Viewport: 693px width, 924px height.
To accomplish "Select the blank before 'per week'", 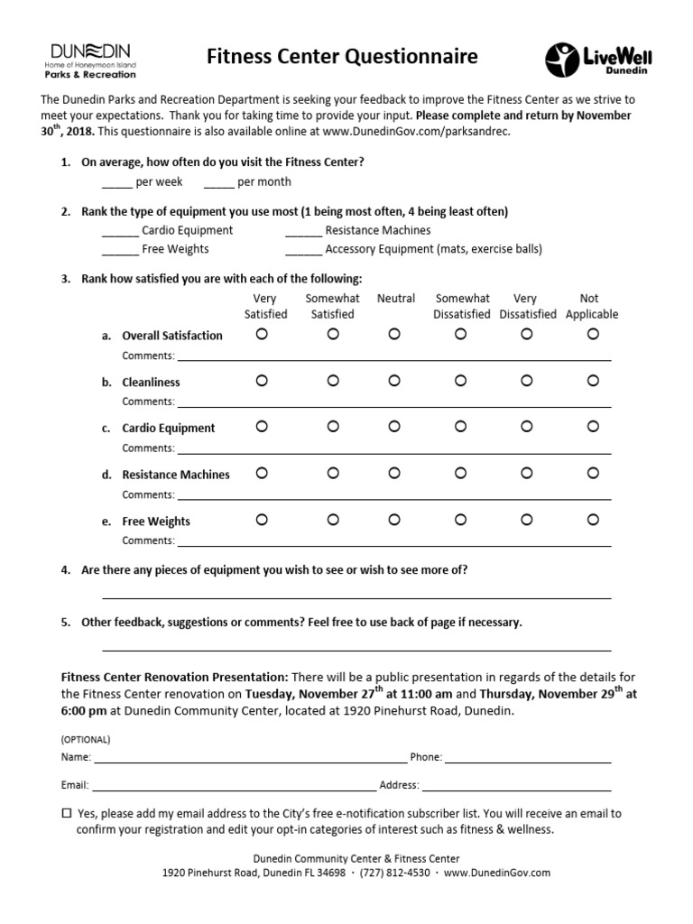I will (115, 183).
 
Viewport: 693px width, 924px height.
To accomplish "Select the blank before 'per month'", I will (218, 183).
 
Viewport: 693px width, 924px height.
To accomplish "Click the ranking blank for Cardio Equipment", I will (119, 232).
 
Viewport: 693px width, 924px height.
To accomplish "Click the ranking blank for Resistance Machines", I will (303, 232).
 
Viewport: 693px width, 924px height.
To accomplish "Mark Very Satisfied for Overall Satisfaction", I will (262, 334).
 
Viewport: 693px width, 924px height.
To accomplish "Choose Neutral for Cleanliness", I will (394, 381).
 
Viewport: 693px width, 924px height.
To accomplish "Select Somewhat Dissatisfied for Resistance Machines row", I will (460, 473).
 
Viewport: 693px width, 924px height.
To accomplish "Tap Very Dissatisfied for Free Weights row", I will (525, 520).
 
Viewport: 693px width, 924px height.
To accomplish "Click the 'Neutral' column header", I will (395, 299).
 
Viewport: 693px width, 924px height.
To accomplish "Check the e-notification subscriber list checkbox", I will (66, 813).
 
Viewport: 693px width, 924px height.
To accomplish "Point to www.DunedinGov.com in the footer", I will (496, 873).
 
